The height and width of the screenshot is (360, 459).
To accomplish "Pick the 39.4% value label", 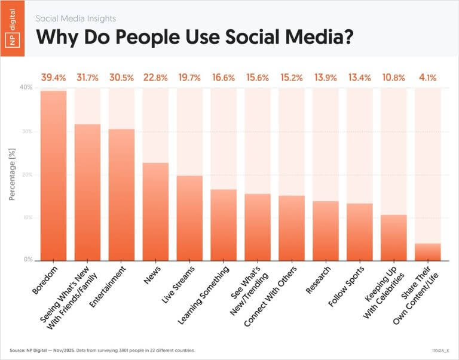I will click(53, 77).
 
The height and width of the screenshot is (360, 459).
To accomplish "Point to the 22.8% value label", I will click(155, 77).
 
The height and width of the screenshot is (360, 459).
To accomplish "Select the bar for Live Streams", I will click(189, 219).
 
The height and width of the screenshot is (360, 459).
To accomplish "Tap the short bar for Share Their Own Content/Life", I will click(428, 252).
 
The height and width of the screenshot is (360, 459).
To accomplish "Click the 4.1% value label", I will click(428, 77).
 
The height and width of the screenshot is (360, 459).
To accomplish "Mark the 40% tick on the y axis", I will click(26, 88).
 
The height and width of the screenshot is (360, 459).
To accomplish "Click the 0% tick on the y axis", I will click(27, 260).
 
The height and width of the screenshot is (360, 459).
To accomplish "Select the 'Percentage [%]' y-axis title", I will click(12, 174).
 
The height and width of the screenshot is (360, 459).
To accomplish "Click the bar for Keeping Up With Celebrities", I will click(394, 238).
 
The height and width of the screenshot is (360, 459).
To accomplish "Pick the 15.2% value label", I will click(292, 77).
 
